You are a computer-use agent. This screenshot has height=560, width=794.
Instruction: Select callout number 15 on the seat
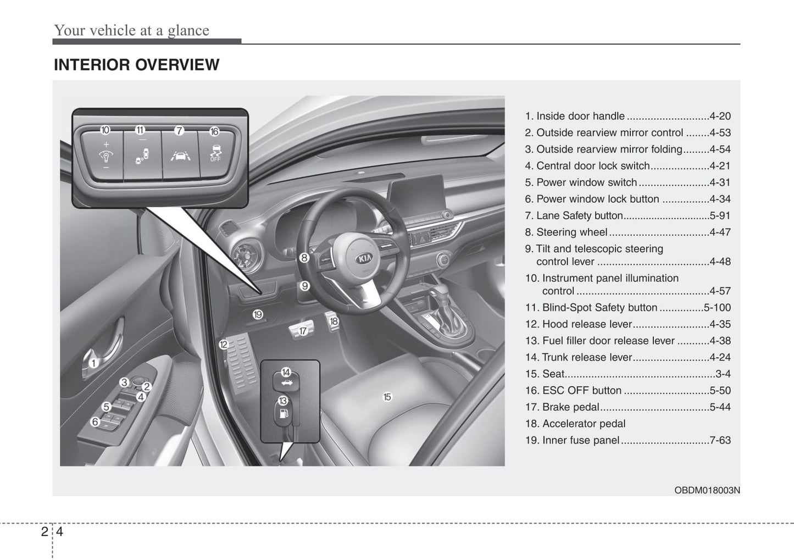[x=387, y=397]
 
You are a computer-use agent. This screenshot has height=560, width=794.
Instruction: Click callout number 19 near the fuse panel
[x=258, y=315]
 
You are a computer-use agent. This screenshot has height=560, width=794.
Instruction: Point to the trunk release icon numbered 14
[x=286, y=380]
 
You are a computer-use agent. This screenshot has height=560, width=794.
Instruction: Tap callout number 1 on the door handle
[x=93, y=363]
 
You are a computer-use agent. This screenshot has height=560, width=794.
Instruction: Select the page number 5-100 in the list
[x=717, y=308]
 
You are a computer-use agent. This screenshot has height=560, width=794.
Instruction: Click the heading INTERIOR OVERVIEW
[x=136, y=65]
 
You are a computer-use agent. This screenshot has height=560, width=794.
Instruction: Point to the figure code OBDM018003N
[x=707, y=490]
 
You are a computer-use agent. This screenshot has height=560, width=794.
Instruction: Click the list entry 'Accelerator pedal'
[x=584, y=424]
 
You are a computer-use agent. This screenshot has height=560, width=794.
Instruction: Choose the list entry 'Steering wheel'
[x=571, y=232]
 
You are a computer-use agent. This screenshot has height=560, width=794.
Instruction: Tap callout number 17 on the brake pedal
[x=303, y=331]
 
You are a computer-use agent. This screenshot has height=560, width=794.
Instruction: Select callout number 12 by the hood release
[x=223, y=345]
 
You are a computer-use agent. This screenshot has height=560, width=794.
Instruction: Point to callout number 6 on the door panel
[x=95, y=422]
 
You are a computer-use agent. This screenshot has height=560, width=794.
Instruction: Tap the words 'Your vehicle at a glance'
[x=131, y=30]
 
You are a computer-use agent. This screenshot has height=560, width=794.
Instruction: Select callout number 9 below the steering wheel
[x=304, y=286]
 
